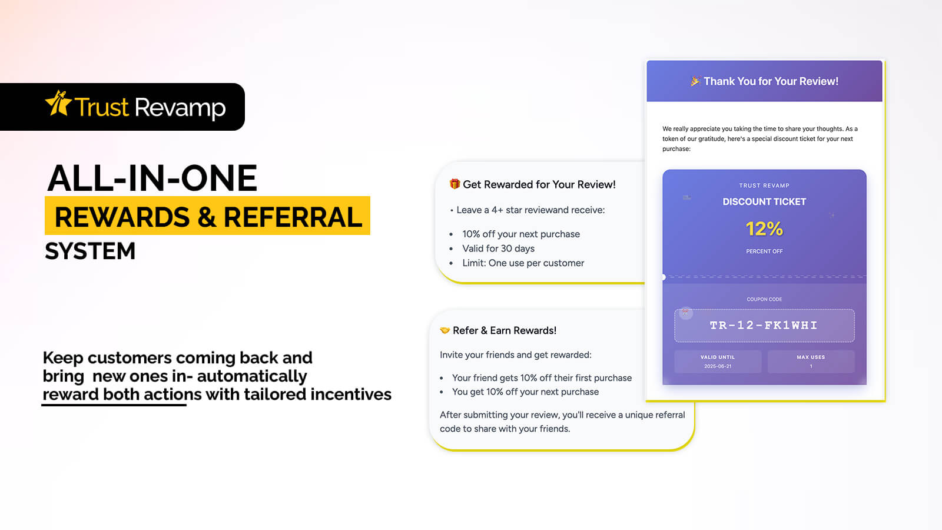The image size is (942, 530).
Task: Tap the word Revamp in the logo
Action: [x=180, y=108]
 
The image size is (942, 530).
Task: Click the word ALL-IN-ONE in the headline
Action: [x=152, y=178]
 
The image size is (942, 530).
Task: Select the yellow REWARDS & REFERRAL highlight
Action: [x=207, y=216]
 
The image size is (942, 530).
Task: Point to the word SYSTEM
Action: [x=91, y=251]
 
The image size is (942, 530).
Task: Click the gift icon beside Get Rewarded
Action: [x=454, y=184]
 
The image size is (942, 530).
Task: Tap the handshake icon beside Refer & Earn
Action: [x=445, y=330]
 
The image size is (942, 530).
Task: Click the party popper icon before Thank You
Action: [x=695, y=81]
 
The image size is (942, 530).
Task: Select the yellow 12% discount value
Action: [x=764, y=229]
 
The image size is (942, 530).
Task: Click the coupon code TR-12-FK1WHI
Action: [x=764, y=325]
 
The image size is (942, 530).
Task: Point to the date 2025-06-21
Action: [x=718, y=366]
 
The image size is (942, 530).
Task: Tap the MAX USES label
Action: [x=811, y=357]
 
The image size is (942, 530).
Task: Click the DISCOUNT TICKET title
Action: [x=764, y=201]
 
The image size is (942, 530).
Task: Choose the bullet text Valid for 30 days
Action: [x=498, y=249]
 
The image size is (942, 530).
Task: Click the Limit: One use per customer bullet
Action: [x=523, y=263]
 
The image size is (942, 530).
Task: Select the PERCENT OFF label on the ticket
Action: [x=764, y=251]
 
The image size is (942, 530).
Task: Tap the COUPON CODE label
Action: [x=764, y=299]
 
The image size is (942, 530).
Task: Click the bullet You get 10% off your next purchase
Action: [x=525, y=392]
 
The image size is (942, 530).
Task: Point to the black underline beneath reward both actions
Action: [x=114, y=405]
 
